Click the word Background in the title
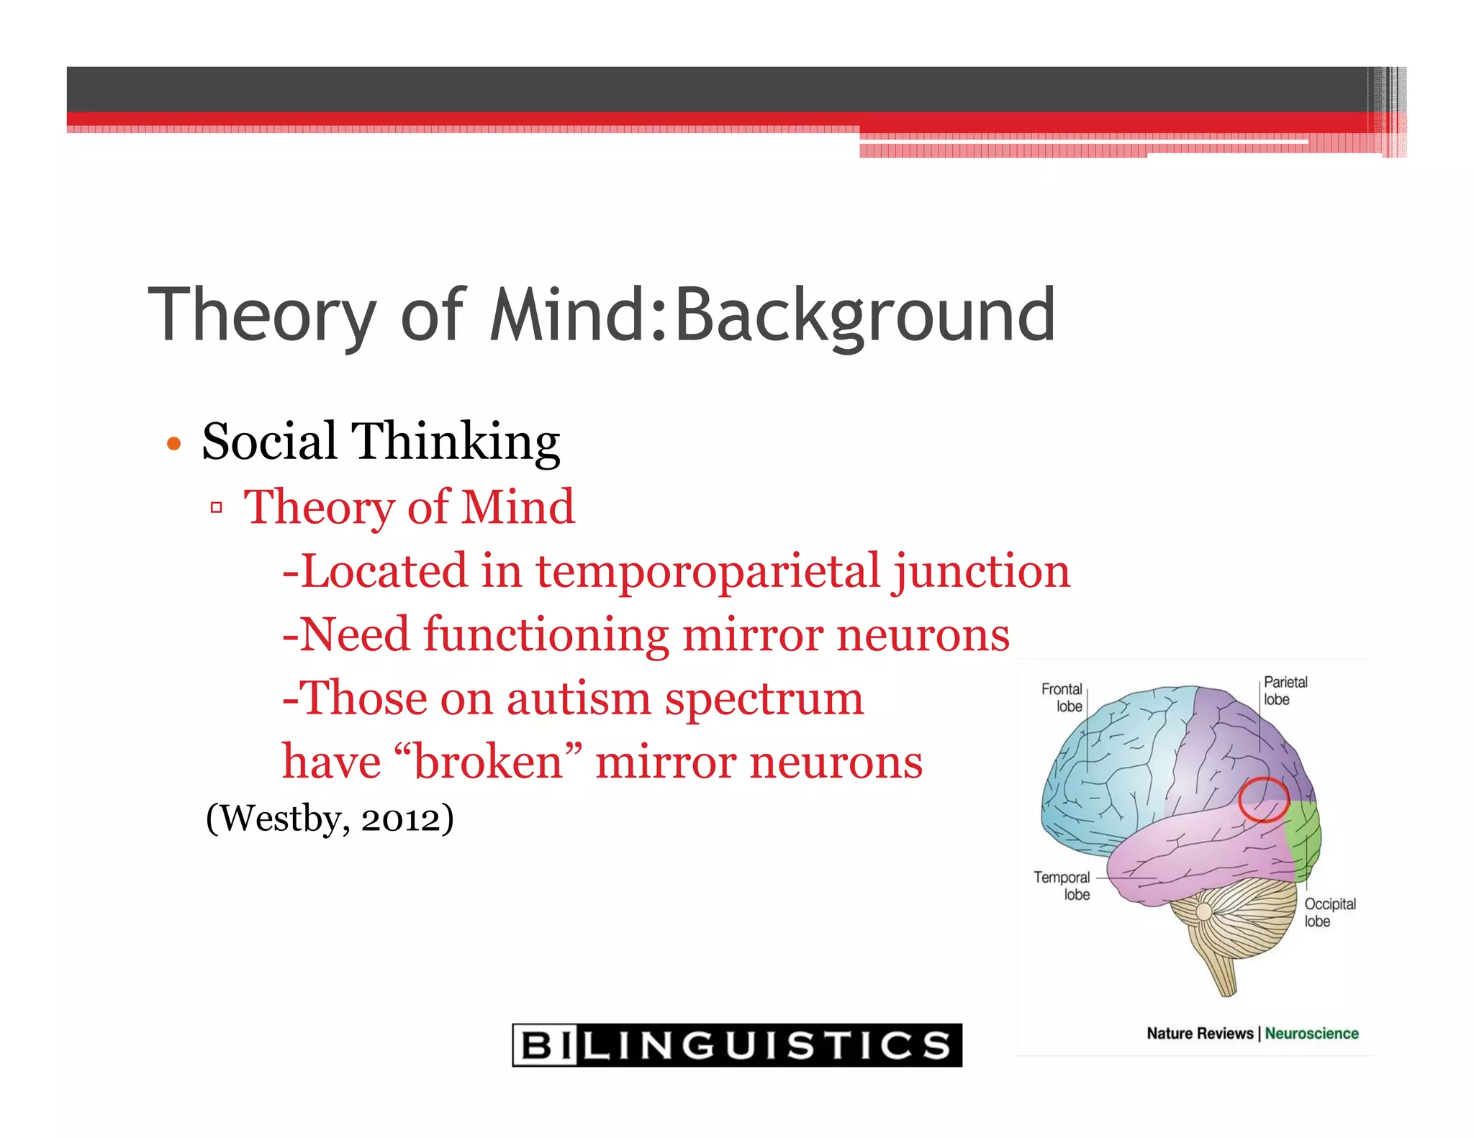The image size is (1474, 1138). [865, 315]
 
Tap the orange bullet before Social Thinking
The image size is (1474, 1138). [173, 444]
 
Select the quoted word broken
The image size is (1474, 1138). [488, 762]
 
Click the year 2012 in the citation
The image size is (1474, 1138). [399, 819]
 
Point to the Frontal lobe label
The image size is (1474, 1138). [1062, 697]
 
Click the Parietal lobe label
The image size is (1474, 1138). [1285, 690]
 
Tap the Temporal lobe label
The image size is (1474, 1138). [1063, 886]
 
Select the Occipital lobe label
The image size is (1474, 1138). [1329, 912]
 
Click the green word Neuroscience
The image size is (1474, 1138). [1311, 1033]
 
